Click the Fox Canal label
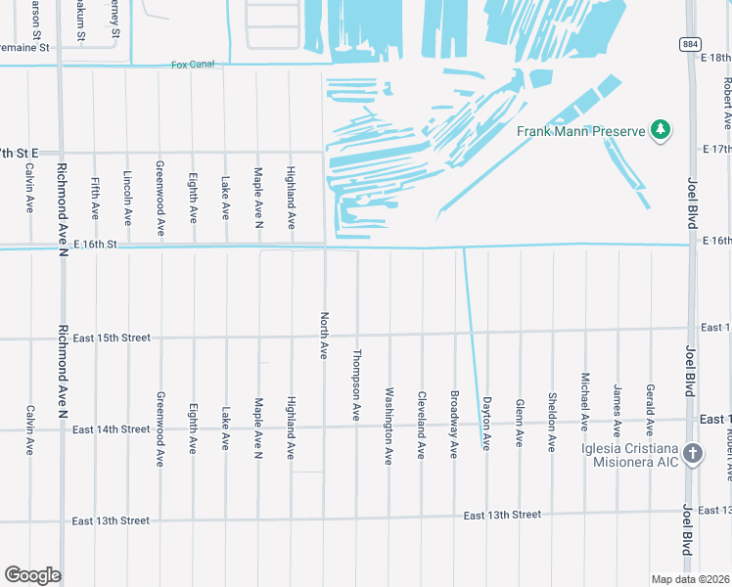coord(192,65)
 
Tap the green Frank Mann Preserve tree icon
coord(662,130)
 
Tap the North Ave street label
coord(323,336)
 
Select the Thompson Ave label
coord(356,386)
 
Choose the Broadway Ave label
coord(453,425)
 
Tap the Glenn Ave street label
coord(519,423)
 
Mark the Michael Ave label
coord(584,401)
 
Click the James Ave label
coord(617,409)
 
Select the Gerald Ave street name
coord(649,409)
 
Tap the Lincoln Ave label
coord(127,199)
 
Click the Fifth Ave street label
coord(95,198)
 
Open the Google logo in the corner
coord(32,575)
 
